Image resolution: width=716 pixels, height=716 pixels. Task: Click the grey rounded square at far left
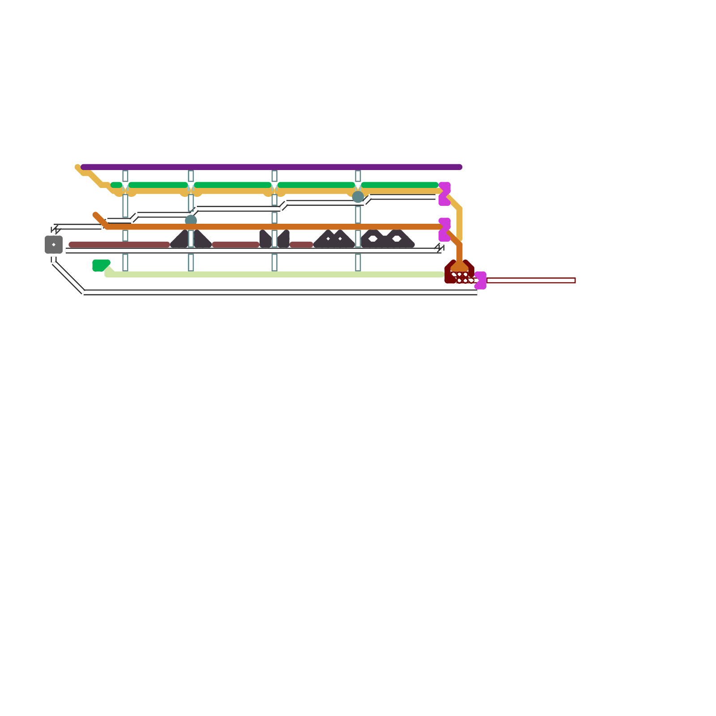point(54,244)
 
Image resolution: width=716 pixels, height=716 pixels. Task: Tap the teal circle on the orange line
point(191,220)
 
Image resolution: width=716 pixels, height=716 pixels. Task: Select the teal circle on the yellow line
point(358,197)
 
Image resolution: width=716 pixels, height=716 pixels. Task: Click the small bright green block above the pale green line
point(100,265)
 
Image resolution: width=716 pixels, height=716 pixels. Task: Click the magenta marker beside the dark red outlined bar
point(481,280)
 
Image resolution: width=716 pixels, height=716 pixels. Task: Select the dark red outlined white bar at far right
point(531,281)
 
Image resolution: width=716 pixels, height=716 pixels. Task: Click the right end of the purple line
point(459,167)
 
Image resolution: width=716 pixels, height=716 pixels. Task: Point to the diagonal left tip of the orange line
point(95,215)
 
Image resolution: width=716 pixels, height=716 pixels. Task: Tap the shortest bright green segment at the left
point(116,185)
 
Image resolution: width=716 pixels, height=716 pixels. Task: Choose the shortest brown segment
point(301,244)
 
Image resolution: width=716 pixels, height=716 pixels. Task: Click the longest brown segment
point(119,244)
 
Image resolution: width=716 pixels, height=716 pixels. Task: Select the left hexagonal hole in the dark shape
point(373,239)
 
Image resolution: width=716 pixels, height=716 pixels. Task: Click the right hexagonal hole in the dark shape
point(396,239)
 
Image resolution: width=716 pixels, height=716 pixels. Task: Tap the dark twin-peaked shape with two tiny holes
point(334,240)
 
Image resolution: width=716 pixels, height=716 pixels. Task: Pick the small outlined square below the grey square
point(54,259)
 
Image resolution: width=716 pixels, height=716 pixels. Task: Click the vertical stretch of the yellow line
point(460,224)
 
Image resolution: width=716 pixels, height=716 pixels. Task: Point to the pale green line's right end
point(442,274)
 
